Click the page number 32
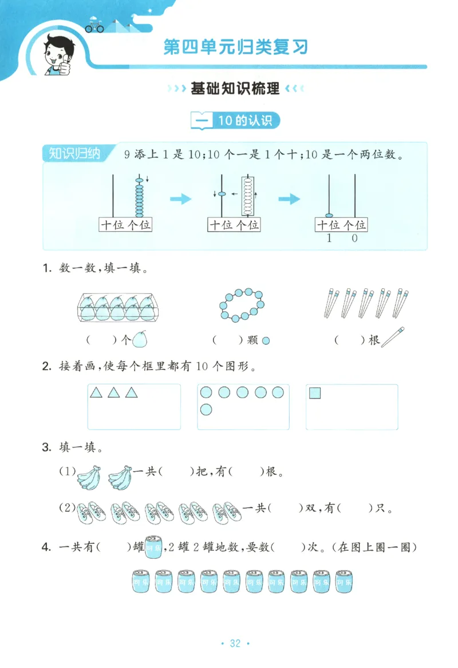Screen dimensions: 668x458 pyautogui.click(x=235, y=643)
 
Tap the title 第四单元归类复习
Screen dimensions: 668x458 pyautogui.click(x=235, y=46)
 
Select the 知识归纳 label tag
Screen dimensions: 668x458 pyautogui.click(x=74, y=153)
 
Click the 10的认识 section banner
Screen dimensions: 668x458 pyautogui.click(x=236, y=121)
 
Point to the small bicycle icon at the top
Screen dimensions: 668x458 pyautogui.click(x=94, y=26)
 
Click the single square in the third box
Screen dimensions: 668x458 pyautogui.click(x=315, y=393)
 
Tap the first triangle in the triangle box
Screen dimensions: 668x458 pyautogui.click(x=96, y=392)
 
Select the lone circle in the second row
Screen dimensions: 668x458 pyautogui.click(x=206, y=409)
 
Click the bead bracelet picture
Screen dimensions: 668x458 pyautogui.click(x=239, y=305)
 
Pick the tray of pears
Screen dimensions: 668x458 pyautogui.click(x=117, y=307)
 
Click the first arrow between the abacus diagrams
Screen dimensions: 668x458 pyautogui.click(x=180, y=199)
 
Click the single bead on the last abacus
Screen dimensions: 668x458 pyautogui.click(x=329, y=216)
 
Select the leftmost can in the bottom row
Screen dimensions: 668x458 pyautogui.click(x=140, y=580)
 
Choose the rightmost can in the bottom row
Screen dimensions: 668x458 pyautogui.click(x=343, y=580)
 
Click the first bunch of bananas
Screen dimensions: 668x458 pyautogui.click(x=89, y=476)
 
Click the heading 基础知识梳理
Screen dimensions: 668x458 pyautogui.click(x=235, y=89)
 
